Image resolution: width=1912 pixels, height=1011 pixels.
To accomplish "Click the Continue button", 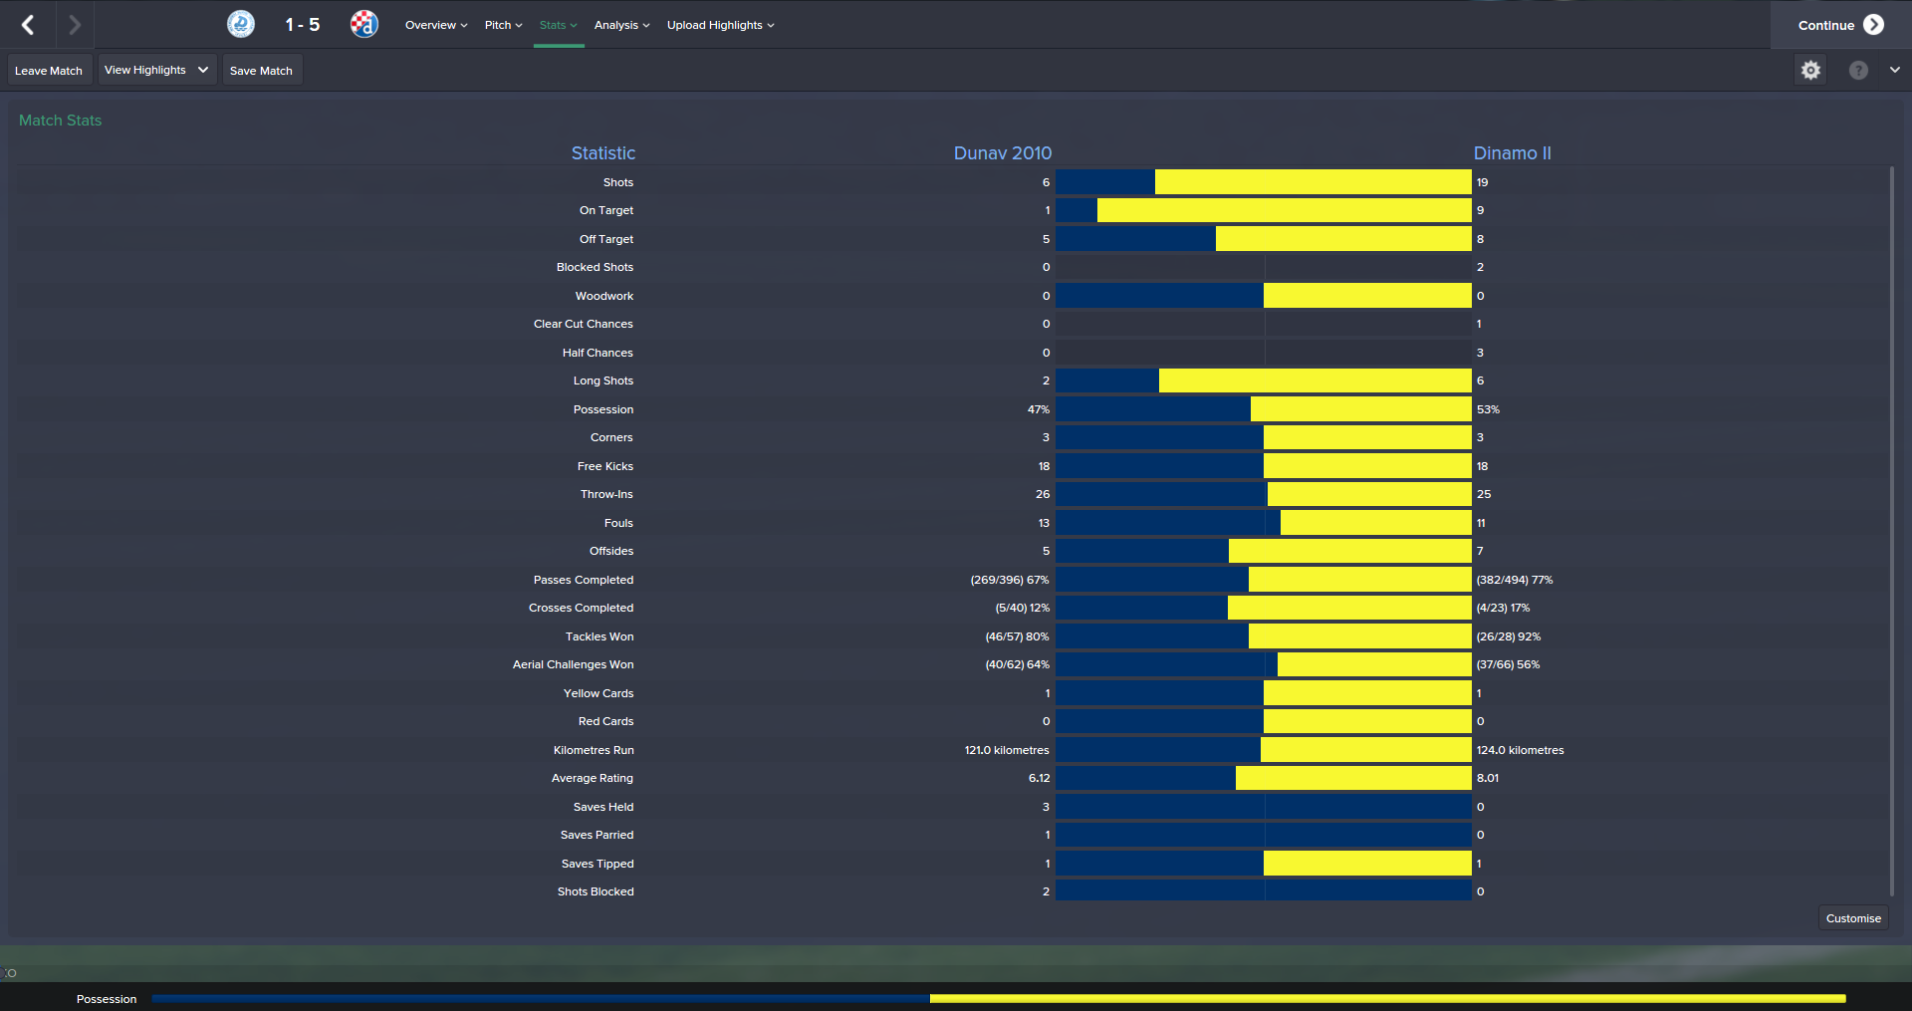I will (x=1839, y=25).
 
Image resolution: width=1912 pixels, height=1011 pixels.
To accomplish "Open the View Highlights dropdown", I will (x=156, y=70).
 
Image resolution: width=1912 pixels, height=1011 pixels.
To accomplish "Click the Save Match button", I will (x=261, y=71).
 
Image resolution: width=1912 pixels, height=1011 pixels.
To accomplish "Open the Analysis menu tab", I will (x=621, y=25).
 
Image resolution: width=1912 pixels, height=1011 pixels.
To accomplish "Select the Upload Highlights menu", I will (x=720, y=25).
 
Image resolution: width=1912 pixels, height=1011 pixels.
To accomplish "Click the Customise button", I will (x=1853, y=918).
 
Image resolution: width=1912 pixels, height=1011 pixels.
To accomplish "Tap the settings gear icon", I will (x=1810, y=70).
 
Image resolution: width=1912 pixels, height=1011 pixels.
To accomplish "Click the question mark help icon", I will (x=1858, y=70).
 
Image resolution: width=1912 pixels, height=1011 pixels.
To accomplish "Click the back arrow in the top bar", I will (x=28, y=25).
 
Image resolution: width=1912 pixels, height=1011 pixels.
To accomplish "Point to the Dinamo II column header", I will (x=1512, y=153).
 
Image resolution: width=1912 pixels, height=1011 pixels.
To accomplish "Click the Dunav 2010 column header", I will (x=1002, y=153).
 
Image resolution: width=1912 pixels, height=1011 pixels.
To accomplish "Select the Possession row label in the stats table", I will (x=602, y=409).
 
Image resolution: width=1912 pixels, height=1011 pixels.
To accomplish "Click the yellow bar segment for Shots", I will (x=1313, y=182).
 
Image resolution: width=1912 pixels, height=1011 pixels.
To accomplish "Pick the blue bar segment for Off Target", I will (x=1135, y=239).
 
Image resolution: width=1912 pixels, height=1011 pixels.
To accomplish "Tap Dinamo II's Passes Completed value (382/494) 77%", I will (x=1514, y=580).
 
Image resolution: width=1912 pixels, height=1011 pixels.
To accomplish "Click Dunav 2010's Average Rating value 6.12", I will (x=1039, y=778).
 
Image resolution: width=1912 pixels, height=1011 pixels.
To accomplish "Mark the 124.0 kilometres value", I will (x=1520, y=750).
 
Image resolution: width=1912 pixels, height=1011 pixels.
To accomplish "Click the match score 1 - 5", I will (x=302, y=25).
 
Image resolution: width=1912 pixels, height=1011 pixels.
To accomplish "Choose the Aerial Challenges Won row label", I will (x=573, y=664).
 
